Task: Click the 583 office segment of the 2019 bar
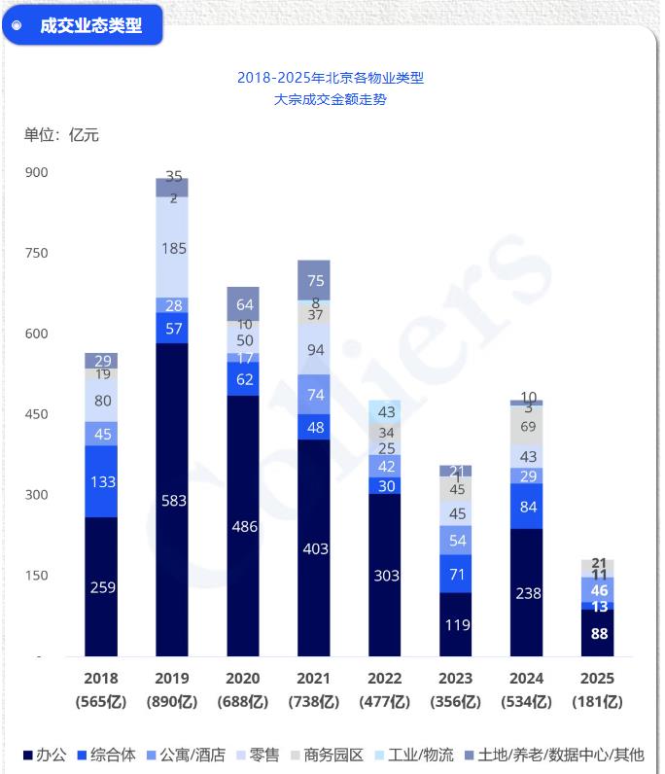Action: pyautogui.click(x=172, y=500)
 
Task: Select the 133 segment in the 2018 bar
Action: pyautogui.click(x=101, y=481)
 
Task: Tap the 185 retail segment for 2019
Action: pyautogui.click(x=172, y=248)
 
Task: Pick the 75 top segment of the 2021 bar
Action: pyautogui.click(x=314, y=280)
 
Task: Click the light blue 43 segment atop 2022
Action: pyautogui.click(x=385, y=411)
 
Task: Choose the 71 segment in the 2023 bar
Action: pyautogui.click(x=456, y=574)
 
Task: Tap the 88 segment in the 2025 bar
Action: pyautogui.click(x=598, y=633)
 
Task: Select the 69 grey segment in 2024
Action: pyautogui.click(x=527, y=426)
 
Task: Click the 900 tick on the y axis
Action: pyautogui.click(x=36, y=172)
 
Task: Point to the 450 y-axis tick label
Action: pyautogui.click(x=36, y=414)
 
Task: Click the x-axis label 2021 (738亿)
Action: pyautogui.click(x=314, y=689)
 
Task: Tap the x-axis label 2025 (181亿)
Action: pyautogui.click(x=598, y=689)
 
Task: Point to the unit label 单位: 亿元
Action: pyautogui.click(x=61, y=134)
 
